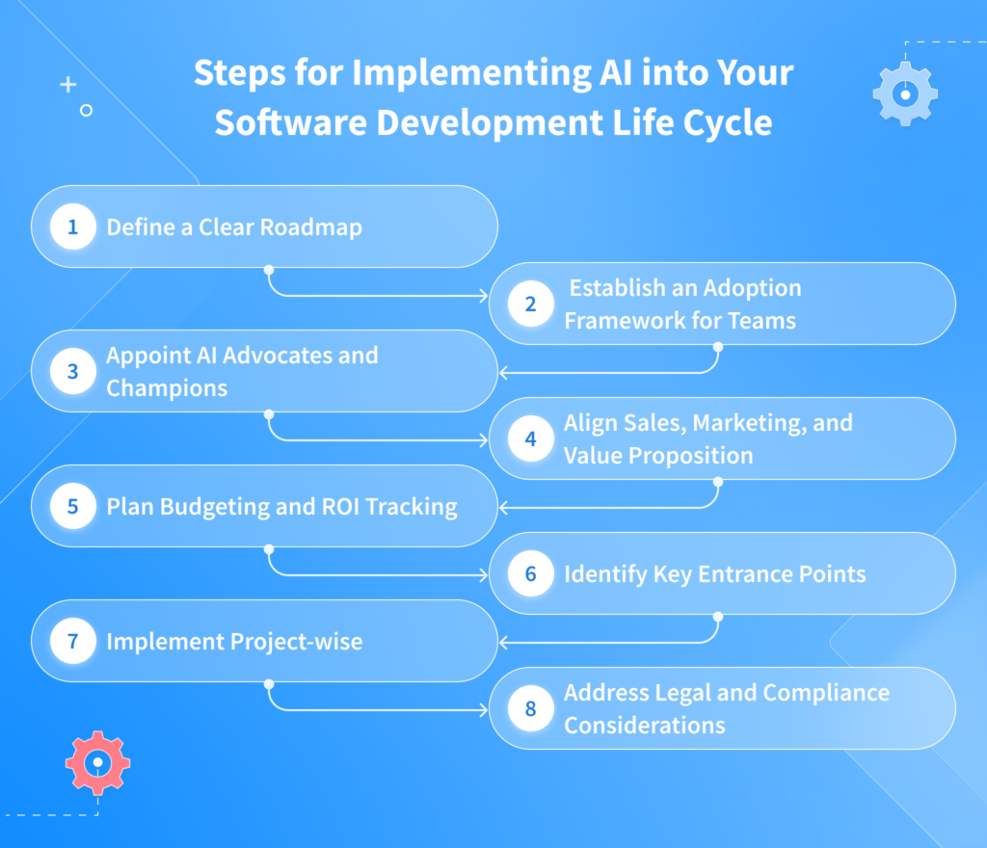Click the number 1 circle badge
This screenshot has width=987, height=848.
pyautogui.click(x=72, y=227)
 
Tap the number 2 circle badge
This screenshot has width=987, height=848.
pyautogui.click(x=530, y=305)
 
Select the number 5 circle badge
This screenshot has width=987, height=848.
pyautogui.click(x=72, y=507)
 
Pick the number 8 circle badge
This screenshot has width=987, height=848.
pyautogui.click(x=530, y=709)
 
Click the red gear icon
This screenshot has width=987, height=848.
pyautogui.click(x=97, y=762)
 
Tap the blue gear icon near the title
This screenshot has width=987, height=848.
pyautogui.click(x=904, y=94)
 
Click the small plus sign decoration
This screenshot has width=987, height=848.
pyautogui.click(x=67, y=85)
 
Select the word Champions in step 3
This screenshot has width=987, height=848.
pyautogui.click(x=167, y=387)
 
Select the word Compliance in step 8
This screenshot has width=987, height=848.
pyautogui.click(x=826, y=693)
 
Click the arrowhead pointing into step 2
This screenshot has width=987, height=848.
pyautogui.click(x=485, y=295)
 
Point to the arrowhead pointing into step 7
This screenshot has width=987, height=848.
pyautogui.click(x=502, y=641)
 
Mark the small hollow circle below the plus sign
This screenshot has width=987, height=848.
pyautogui.click(x=86, y=111)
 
